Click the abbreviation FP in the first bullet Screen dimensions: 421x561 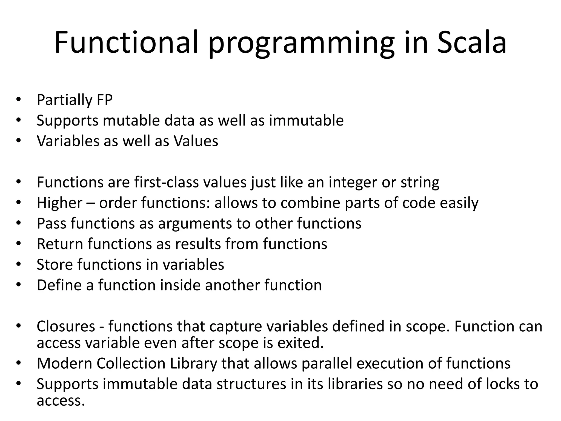(104, 100)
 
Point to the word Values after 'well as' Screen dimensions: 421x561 (196, 141)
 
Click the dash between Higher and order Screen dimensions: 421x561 (91, 203)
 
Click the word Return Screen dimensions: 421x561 (60, 244)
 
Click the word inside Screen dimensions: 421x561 (180, 285)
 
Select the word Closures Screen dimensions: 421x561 (66, 326)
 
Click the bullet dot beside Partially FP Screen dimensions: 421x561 (18, 100)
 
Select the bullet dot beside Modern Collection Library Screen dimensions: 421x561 (18, 363)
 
